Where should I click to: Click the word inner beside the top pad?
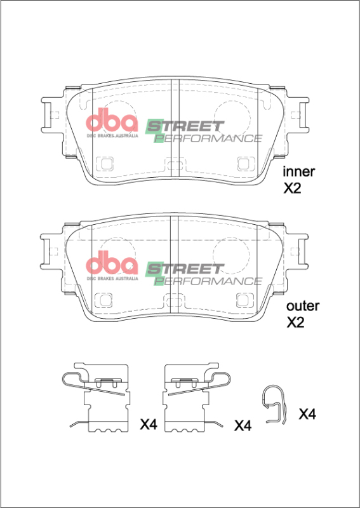coord(299,171)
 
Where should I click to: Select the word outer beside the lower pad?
coord(303,305)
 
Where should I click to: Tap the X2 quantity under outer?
coord(296,323)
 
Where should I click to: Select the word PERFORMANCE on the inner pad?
coord(209,138)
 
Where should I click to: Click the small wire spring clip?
coord(275,404)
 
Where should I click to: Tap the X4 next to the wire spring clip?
coord(307,415)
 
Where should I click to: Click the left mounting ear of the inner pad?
coord(50,116)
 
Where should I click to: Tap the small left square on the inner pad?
coord(104,164)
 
